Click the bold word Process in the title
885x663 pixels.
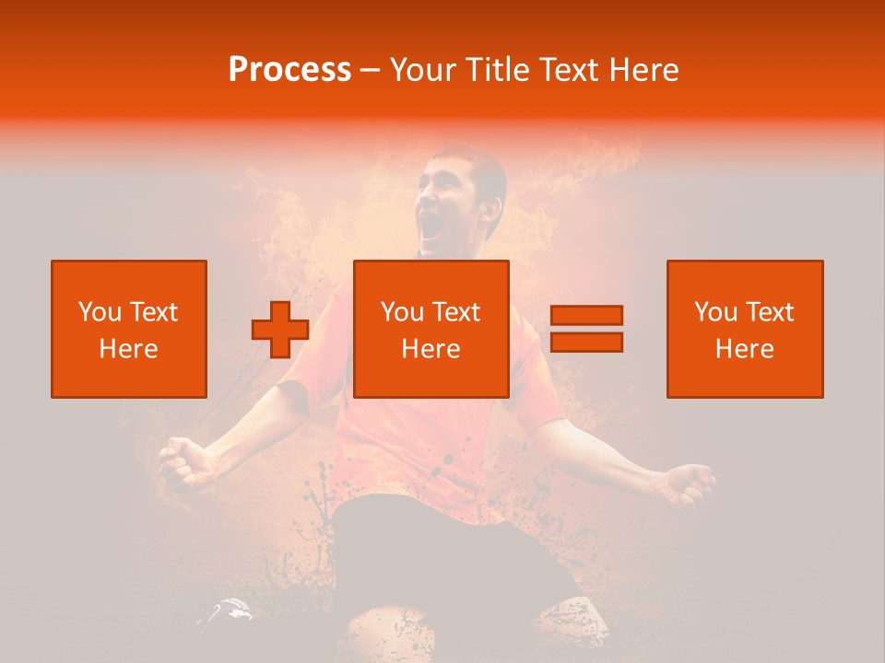[x=289, y=70]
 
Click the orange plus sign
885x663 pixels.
[x=280, y=330]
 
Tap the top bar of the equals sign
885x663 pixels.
[x=586, y=315]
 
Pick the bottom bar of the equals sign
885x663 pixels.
[x=586, y=342]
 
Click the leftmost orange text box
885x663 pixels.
[x=129, y=329]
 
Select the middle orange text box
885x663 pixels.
[x=431, y=329]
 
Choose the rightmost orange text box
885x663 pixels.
[x=745, y=329]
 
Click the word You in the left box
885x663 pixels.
[x=100, y=312]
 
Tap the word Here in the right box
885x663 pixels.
[x=745, y=349]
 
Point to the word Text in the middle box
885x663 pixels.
[x=456, y=312]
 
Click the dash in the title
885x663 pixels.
[x=371, y=71]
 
